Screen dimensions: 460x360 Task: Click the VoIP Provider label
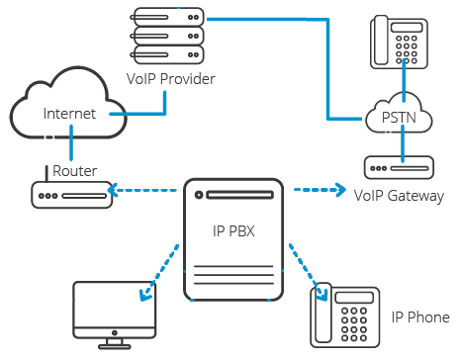[x=171, y=79]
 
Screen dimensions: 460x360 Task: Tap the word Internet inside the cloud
[x=69, y=114]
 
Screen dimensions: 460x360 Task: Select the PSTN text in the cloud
[x=399, y=118]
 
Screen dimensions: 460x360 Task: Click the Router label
[x=75, y=171]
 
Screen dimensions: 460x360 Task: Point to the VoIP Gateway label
[x=399, y=196]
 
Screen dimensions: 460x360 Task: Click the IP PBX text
[x=233, y=231]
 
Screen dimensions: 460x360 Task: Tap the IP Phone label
[x=420, y=317]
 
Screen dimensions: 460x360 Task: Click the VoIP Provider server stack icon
[x=167, y=36]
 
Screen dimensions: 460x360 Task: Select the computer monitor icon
[x=115, y=315]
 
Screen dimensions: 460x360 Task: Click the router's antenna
[x=46, y=174]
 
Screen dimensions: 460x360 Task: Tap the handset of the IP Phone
[x=322, y=313]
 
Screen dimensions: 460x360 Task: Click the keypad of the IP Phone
[x=354, y=324]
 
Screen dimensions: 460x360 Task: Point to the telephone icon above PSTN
[x=399, y=42]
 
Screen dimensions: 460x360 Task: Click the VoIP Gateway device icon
[x=399, y=168]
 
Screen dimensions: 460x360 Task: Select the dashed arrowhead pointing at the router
[x=113, y=190]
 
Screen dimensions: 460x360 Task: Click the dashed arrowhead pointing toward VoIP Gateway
[x=341, y=190]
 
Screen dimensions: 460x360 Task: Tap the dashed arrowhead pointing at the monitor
[x=145, y=295]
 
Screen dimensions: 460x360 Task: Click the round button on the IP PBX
[x=199, y=195]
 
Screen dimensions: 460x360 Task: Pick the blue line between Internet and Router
[x=71, y=142]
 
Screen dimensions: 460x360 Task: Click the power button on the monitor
[x=115, y=333]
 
